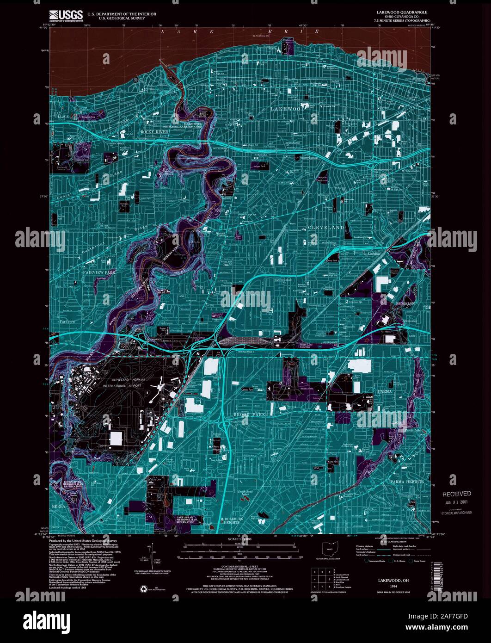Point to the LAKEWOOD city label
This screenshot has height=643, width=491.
click(x=288, y=108)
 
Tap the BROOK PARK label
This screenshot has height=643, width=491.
click(x=250, y=414)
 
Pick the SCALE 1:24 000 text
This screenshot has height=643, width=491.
click(x=245, y=539)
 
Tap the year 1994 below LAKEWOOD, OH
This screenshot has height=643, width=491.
click(x=393, y=585)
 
